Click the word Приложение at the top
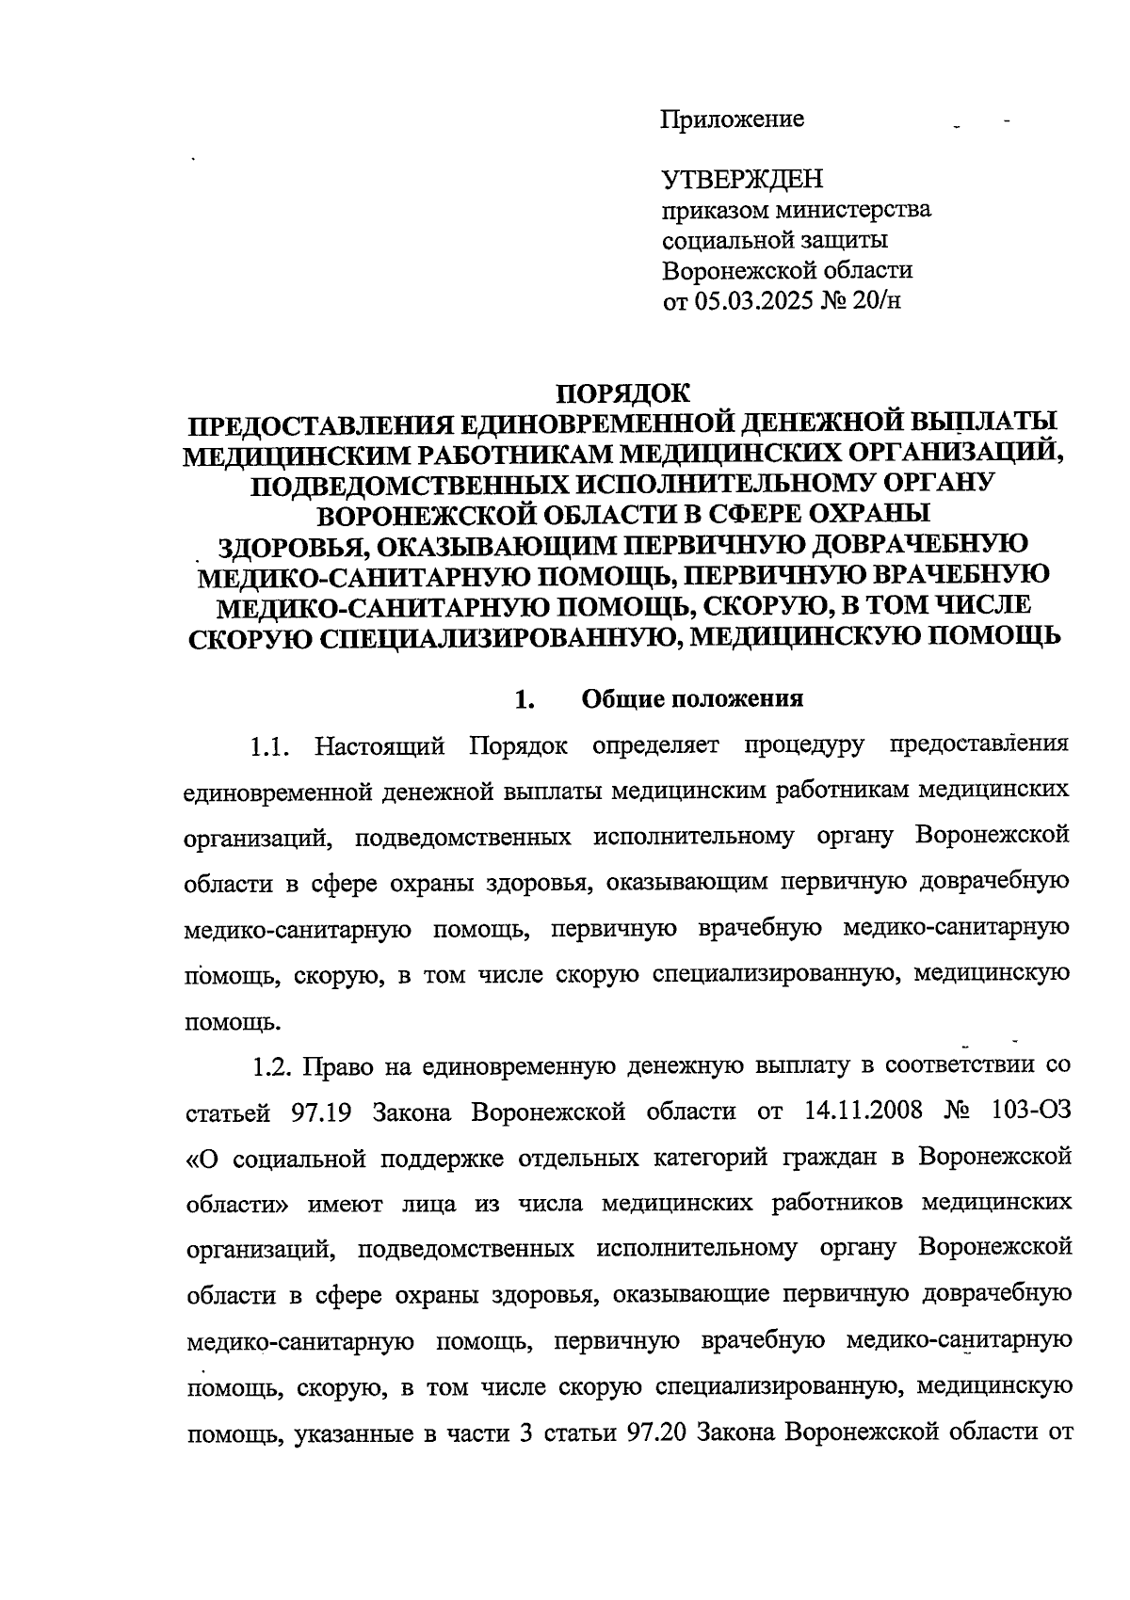733,120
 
